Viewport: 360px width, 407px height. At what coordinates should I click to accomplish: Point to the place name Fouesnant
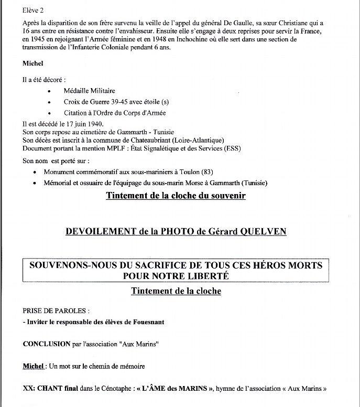[146, 322]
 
